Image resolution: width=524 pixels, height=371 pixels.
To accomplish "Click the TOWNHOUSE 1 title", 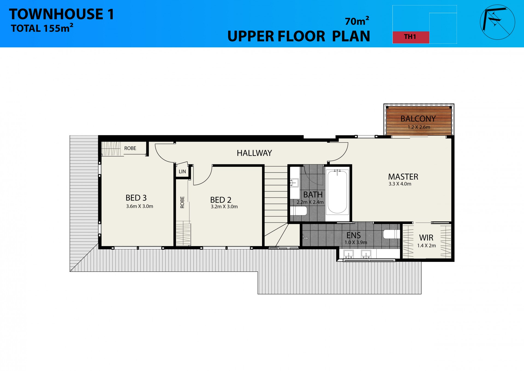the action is coord(61,14).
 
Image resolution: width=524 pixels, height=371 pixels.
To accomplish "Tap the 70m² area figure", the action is coord(357,21).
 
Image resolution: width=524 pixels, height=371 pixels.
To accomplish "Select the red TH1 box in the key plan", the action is coord(411,37).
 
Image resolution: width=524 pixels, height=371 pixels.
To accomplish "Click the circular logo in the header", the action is coord(497,22).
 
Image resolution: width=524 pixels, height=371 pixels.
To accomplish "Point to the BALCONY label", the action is coord(418,119).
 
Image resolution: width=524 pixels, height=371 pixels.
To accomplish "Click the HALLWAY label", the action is coord(254,153).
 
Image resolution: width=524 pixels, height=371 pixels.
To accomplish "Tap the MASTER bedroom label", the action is coord(403,177).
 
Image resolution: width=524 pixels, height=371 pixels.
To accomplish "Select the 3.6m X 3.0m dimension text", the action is coord(139,206).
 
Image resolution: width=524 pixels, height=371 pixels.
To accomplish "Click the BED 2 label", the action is coord(221,200).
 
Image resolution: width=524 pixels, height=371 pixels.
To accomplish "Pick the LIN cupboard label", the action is coord(182,172).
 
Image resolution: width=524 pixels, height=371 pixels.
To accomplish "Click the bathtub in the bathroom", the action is coord(337,192).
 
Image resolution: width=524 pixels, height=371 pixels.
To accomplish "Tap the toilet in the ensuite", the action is coord(391,234).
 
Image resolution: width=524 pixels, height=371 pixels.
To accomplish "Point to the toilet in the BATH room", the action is coord(298,211).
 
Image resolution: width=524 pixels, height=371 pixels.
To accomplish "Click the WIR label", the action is coord(426,238).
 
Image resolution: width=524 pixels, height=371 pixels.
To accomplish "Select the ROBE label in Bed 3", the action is coord(130,148).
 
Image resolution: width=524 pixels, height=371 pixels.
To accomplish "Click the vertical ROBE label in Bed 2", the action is coord(182,202).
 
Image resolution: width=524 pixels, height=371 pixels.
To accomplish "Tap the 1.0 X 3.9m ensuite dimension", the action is coord(356,243).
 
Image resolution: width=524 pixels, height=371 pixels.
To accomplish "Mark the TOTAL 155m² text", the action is coord(42,28).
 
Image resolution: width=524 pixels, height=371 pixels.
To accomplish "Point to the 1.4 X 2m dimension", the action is coord(426,246).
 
